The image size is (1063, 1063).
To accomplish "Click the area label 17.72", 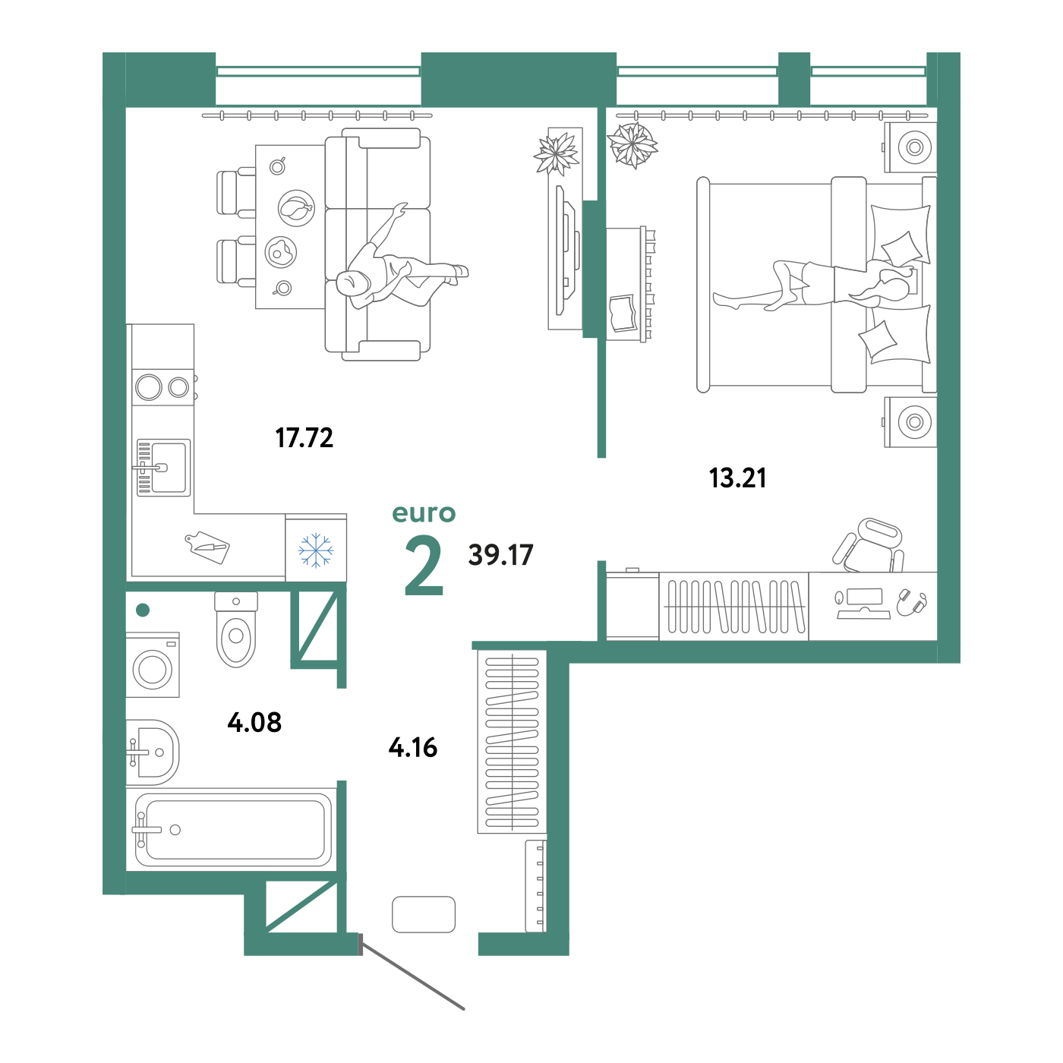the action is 304,438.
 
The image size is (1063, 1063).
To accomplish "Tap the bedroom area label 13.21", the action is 737,478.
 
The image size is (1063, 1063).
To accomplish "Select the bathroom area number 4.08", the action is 254,722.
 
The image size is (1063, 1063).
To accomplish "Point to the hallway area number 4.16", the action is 412,747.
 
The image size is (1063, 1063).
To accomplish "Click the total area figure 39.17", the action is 501,555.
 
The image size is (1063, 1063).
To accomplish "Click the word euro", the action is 424,513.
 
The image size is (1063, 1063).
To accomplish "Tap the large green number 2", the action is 424,566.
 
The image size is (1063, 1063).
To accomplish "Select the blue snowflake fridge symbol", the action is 316,550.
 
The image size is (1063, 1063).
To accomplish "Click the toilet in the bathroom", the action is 236,629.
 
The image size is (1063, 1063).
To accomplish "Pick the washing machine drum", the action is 153,670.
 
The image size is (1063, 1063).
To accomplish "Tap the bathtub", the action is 234,829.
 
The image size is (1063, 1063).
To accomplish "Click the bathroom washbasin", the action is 153,752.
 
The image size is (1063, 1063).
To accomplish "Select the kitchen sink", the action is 163,468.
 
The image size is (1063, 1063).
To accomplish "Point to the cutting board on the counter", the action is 207,547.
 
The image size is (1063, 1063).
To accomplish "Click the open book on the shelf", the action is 623,314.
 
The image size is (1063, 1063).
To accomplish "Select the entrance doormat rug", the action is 424,914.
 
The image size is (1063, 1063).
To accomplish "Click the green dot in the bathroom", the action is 143,610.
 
